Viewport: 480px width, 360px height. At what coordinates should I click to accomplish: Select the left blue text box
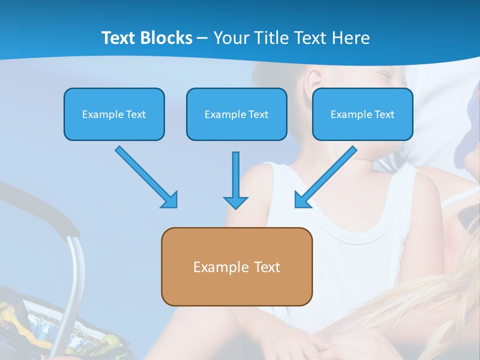click(x=114, y=114)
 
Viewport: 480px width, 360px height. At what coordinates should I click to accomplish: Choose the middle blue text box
click(x=236, y=114)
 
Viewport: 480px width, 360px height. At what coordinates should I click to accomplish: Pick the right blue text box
click(x=362, y=114)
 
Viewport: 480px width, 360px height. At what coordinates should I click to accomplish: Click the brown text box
click(x=236, y=266)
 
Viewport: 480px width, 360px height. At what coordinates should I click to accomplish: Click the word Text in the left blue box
click(x=136, y=114)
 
